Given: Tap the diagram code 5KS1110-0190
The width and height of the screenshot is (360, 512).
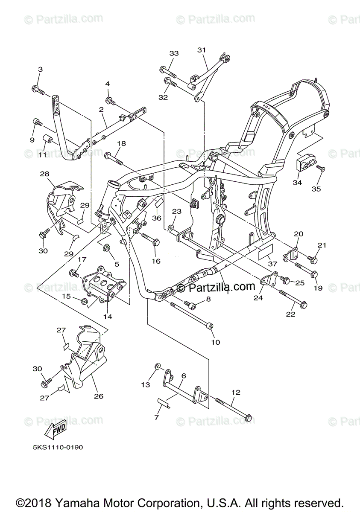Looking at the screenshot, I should pyautogui.click(x=57, y=448).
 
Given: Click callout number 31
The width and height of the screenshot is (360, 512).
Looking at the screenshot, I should pyautogui.click(x=202, y=50).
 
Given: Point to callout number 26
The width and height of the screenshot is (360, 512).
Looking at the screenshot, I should pyautogui.click(x=99, y=396).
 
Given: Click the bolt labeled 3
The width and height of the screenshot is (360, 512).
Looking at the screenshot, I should pyautogui.click(x=38, y=89).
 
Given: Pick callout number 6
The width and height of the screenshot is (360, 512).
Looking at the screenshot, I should pyautogui.click(x=183, y=376).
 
